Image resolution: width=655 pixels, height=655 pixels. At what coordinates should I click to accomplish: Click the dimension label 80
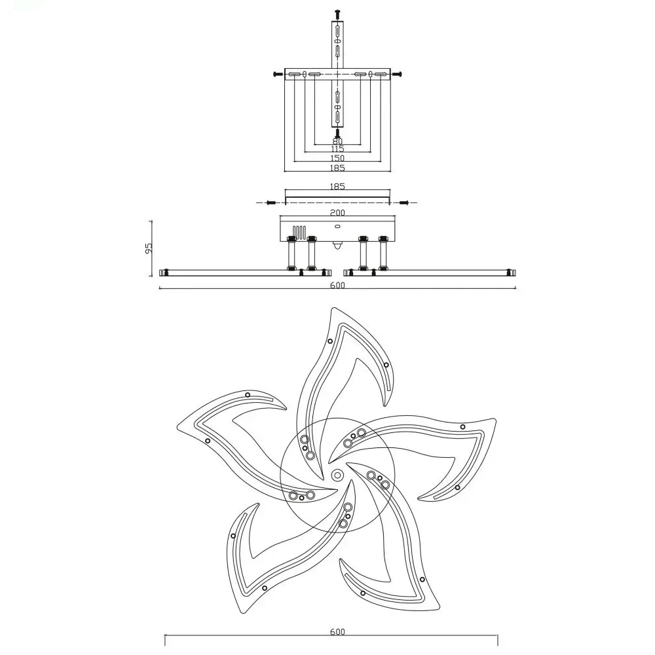point(337,141)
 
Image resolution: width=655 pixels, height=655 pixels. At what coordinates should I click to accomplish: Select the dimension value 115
point(337,149)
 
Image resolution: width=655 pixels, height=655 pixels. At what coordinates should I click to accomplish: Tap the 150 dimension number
point(337,159)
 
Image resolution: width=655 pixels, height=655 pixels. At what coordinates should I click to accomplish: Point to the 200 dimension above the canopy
point(337,213)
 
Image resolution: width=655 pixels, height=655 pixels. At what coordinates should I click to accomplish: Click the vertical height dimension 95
point(149,248)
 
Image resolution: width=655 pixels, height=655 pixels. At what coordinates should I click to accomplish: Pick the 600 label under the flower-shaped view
point(337,631)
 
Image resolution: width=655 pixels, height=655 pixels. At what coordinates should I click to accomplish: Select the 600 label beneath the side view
point(337,286)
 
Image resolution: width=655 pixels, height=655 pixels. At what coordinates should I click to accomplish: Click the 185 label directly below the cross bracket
point(337,168)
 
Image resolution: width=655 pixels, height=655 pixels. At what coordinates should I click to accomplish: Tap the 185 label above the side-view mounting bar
point(337,186)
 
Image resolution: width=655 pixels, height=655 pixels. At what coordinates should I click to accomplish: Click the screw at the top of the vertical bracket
point(337,14)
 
